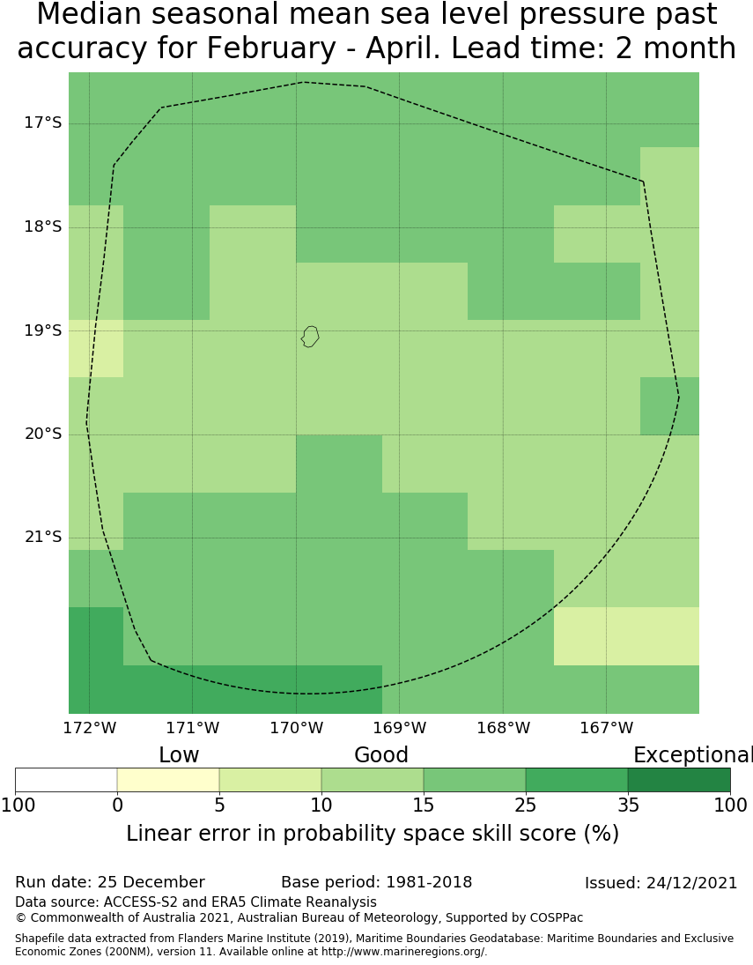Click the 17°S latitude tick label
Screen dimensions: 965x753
pos(42,123)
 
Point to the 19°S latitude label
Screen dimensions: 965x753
pos(42,330)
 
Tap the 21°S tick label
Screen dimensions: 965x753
pos(42,538)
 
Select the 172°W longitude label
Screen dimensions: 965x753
pos(89,729)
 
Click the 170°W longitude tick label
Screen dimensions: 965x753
pos(296,729)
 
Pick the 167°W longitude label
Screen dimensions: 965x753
pos(606,729)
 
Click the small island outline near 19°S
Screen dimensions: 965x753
pos(310,336)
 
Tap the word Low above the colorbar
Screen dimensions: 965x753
pos(179,756)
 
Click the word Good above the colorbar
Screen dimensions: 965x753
pos(381,756)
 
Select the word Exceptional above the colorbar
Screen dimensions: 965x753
pos(692,756)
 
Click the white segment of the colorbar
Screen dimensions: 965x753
pos(66,780)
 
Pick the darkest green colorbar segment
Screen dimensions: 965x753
pos(679,780)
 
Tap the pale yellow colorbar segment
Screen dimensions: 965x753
pos(168,780)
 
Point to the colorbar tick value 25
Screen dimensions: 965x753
pos(526,805)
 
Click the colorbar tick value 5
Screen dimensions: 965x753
pos(219,805)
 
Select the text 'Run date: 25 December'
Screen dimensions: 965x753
pos(110,883)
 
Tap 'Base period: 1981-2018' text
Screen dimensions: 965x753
pos(376,883)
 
